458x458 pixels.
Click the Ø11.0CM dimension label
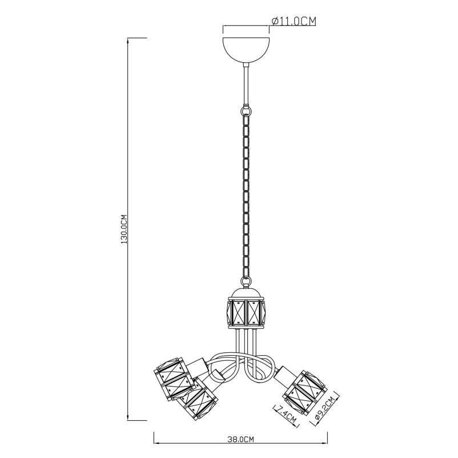tap(294, 21)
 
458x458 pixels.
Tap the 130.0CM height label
tap(124, 230)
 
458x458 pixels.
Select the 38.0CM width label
tap(240, 439)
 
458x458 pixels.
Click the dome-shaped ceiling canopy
tap(246, 50)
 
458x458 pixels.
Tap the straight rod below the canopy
tap(246, 85)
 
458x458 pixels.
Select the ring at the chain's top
tap(246, 111)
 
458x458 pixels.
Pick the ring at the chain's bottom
tap(246, 282)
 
